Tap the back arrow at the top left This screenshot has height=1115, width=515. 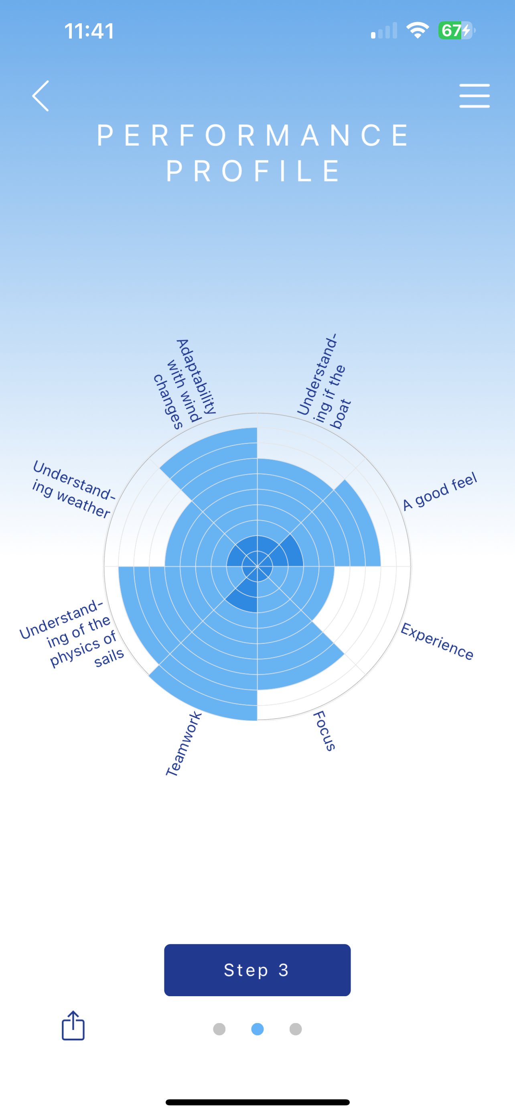coord(41,96)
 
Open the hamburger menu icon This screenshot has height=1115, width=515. coord(474,96)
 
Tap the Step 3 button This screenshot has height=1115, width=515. coord(257,970)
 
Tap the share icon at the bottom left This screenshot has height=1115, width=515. coord(73,1025)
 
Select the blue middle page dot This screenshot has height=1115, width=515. coord(257,1029)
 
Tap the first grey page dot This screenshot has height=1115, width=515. coord(219,1029)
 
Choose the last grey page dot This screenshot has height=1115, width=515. coord(295,1029)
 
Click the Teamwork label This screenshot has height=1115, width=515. coord(184,744)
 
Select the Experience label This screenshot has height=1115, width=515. coord(437,641)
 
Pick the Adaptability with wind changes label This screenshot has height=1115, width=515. coord(185,383)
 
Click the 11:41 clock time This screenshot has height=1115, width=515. coord(89,31)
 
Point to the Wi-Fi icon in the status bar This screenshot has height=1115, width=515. coord(417,30)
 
